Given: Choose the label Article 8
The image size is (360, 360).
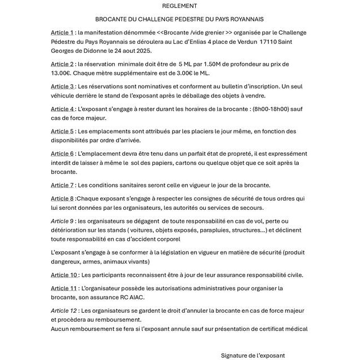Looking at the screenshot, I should coord(62,199).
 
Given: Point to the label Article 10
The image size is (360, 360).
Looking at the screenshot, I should coord(64,275).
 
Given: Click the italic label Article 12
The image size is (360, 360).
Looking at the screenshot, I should coord(64,310).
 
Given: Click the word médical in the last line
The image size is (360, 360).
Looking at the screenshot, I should coord(295,328).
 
